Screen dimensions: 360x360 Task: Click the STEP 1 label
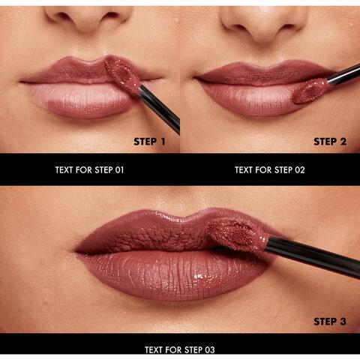click(150, 141)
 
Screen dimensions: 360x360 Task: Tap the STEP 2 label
click(330, 141)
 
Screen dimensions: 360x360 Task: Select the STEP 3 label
click(330, 321)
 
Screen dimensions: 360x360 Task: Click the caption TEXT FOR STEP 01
click(89, 169)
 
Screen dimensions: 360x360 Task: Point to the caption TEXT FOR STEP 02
click(269, 169)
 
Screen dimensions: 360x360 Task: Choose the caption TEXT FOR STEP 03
click(179, 349)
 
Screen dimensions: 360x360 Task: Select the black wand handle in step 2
click(345, 73)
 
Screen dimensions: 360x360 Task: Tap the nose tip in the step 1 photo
click(89, 15)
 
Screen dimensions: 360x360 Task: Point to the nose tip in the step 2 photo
click(266, 19)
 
